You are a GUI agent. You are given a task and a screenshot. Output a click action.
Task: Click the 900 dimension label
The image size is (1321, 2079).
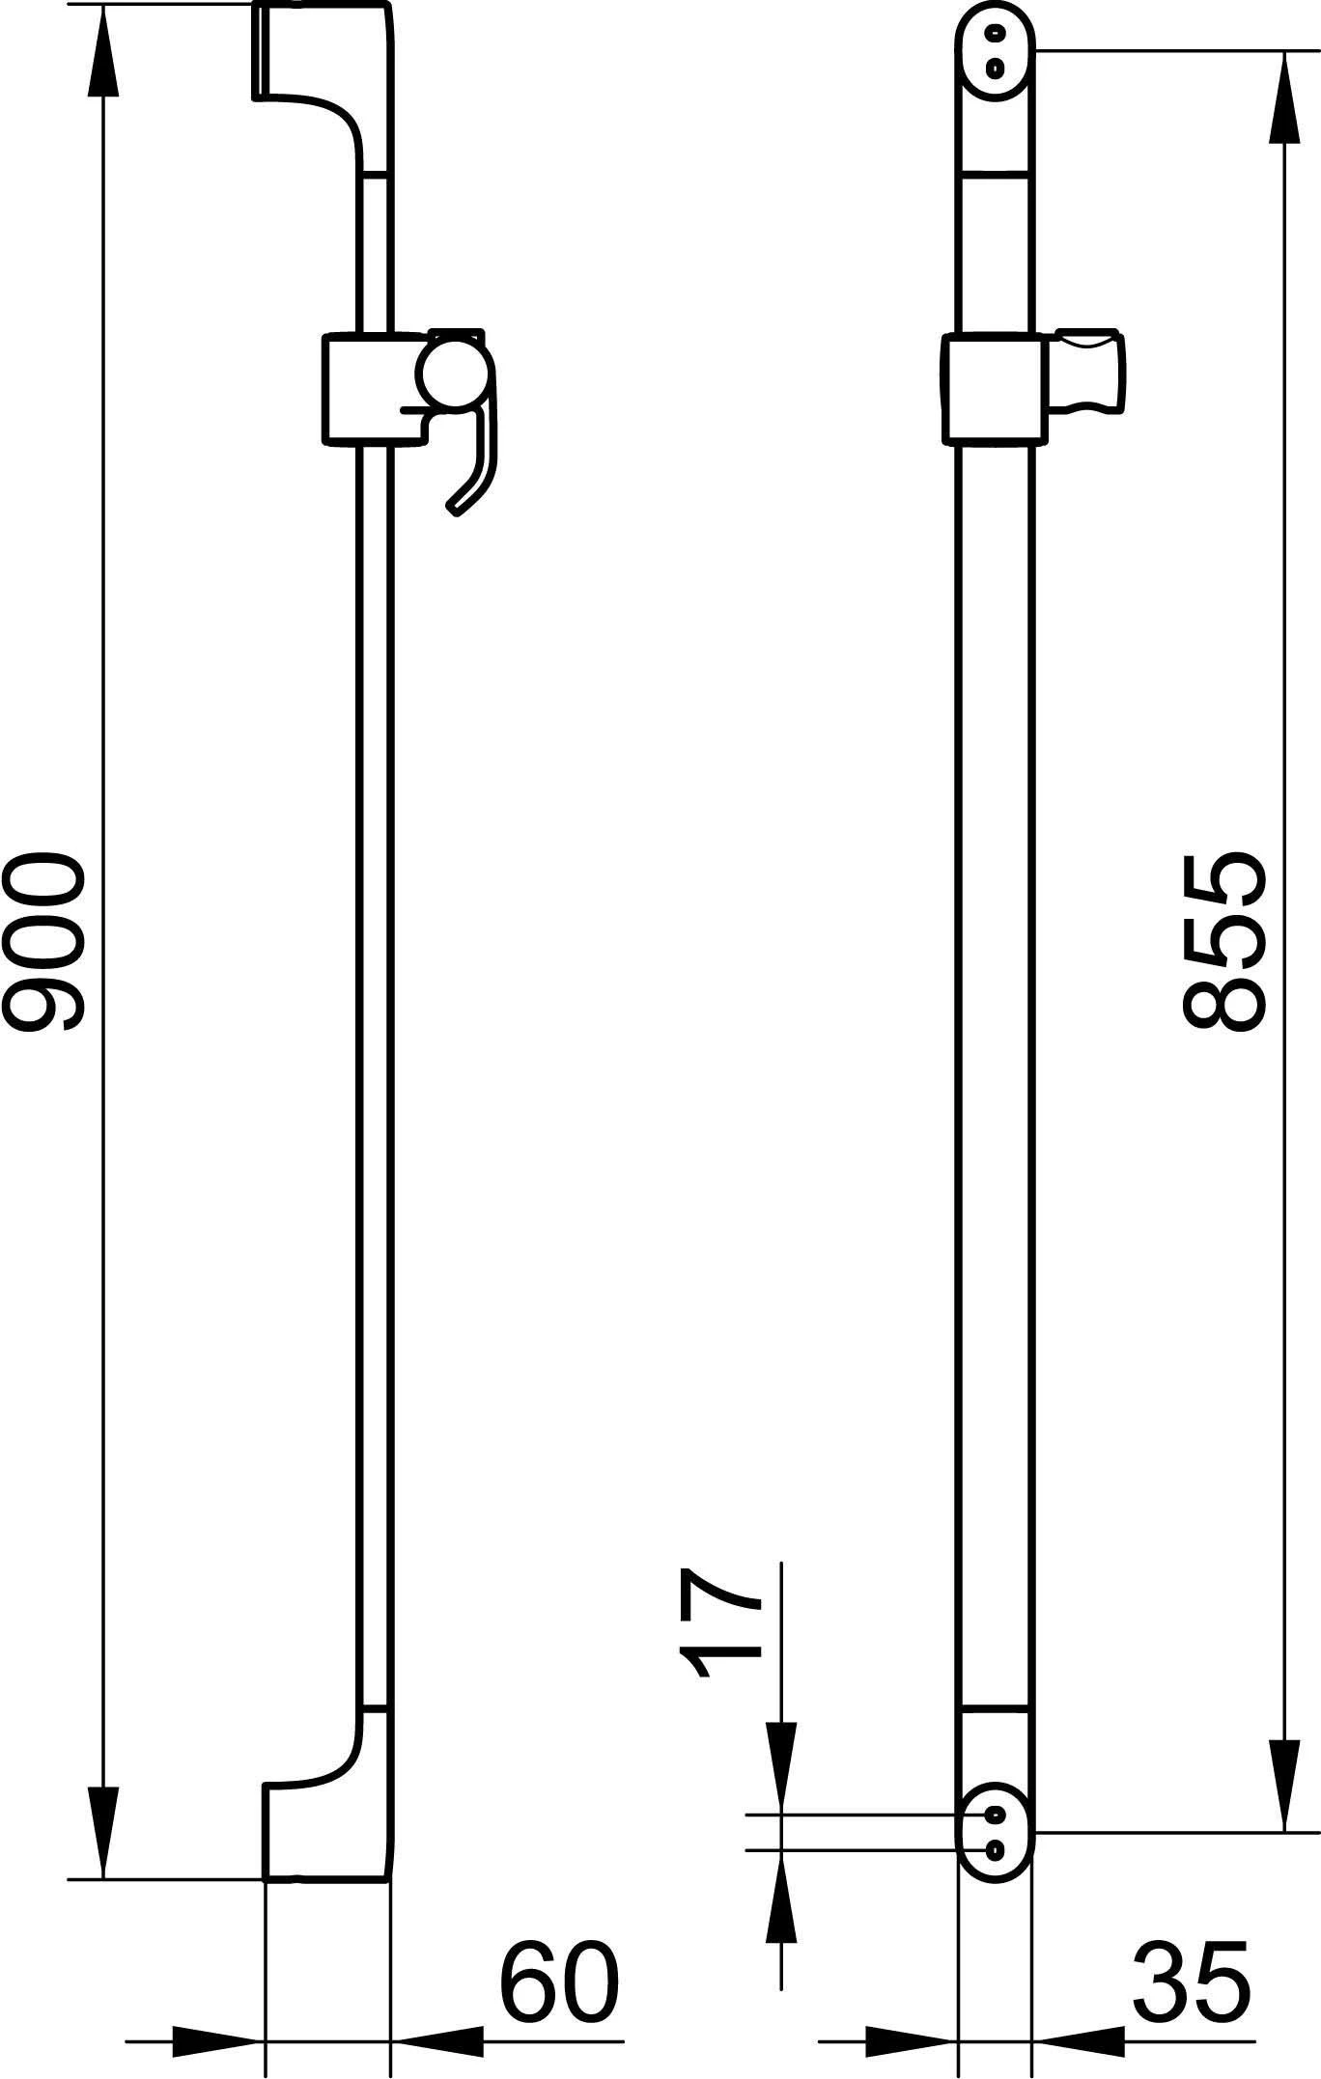44,941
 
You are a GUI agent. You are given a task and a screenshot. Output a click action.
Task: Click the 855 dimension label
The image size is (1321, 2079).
1221,941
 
